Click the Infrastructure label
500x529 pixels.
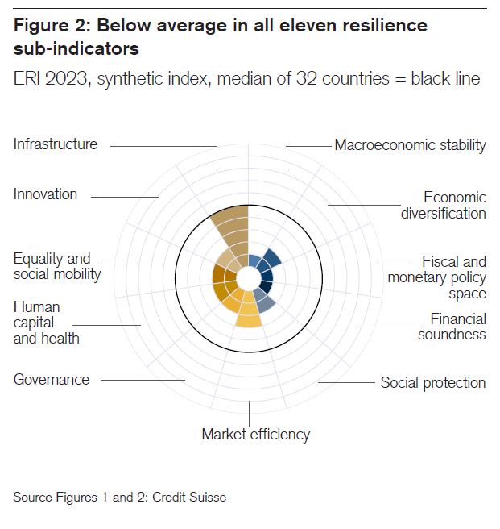(56, 144)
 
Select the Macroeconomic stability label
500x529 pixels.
(410, 145)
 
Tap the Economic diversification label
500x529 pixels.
(444, 206)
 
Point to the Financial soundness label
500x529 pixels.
(452, 327)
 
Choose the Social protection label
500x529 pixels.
(432, 382)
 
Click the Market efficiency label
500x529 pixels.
(255, 434)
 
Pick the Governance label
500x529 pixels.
(52, 379)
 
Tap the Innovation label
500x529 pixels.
(45, 194)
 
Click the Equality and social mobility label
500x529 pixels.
(57, 266)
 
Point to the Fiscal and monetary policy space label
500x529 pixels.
(437, 277)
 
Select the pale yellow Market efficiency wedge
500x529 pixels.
(249, 316)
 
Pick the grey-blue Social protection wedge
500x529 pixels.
(267, 306)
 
